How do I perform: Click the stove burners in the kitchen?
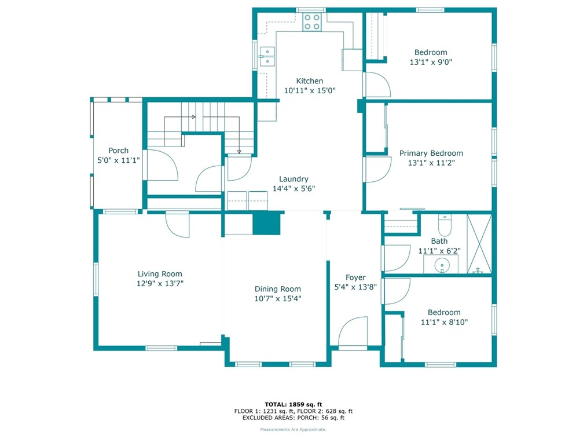(x=312, y=22)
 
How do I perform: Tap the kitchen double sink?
(x=267, y=57)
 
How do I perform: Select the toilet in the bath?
(x=445, y=225)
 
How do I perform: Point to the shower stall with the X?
(x=479, y=244)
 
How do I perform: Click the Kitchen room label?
(x=310, y=81)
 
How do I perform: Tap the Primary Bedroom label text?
(x=431, y=153)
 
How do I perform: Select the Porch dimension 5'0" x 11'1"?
(x=119, y=160)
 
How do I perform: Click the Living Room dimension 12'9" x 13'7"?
(x=160, y=284)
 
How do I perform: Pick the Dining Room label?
(x=278, y=289)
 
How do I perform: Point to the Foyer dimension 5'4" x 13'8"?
(x=355, y=287)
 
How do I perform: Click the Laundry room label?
(x=294, y=179)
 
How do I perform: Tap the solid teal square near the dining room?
(x=266, y=224)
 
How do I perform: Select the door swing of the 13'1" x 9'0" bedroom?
(x=378, y=85)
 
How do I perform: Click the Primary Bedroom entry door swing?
(x=378, y=170)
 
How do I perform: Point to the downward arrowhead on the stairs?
(x=239, y=152)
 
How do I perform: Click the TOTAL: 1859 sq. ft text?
(x=293, y=404)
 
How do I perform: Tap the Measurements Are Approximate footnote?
(x=293, y=430)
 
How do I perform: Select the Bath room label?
(x=439, y=242)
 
